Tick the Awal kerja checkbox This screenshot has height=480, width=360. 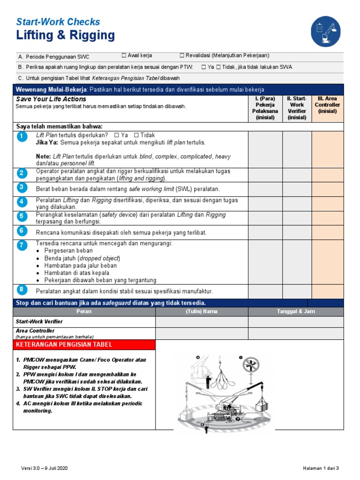pyautogui.click(x=124, y=56)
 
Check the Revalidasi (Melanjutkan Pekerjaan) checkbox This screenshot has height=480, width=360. pyautogui.click(x=182, y=56)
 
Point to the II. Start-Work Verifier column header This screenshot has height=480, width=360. pyautogui.click(x=297, y=108)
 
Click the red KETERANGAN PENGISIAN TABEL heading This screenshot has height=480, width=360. pyautogui.click(x=84, y=345)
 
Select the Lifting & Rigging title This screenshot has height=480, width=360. pyautogui.click(x=65, y=36)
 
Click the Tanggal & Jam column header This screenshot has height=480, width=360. pyautogui.click(x=296, y=311)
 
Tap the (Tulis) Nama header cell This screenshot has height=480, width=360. pyautogui.click(x=202, y=311)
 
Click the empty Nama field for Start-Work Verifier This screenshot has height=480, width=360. pyautogui.click(x=202, y=322)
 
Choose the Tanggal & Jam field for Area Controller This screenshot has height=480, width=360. pyautogui.click(x=296, y=333)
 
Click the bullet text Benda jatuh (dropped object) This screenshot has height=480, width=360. pyautogui.click(x=82, y=258)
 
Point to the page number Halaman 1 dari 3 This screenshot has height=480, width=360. pyautogui.click(x=321, y=468)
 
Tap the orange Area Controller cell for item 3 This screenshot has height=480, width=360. pyautogui.click(x=328, y=188)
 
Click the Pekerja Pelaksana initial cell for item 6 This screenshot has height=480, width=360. pyautogui.click(x=265, y=232)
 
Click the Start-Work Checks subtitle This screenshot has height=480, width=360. pyautogui.click(x=58, y=22)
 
